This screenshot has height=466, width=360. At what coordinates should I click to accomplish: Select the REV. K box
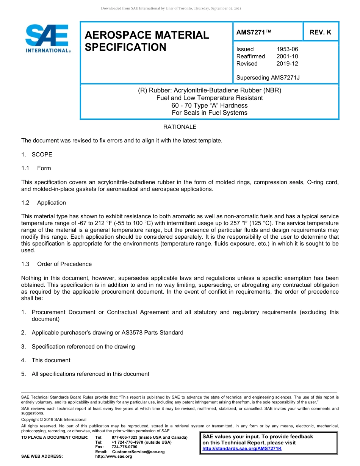tap(320, 32)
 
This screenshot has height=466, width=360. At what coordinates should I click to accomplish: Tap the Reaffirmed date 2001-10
tap(287, 56)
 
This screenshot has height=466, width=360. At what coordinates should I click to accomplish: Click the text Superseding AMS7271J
tap(268, 78)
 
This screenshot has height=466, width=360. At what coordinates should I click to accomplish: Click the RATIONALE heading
tap(180, 127)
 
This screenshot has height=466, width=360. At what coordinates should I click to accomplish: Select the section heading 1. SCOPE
tap(37, 155)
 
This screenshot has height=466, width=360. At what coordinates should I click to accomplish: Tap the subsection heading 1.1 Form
tap(36, 168)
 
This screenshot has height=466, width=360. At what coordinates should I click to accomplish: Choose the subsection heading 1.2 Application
tap(44, 203)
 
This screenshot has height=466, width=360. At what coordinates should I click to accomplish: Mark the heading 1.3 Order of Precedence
tap(56, 264)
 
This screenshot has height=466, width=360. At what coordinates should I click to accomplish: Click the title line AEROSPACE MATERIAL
tap(147, 35)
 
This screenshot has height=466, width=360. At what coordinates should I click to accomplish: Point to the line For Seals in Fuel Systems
tap(209, 113)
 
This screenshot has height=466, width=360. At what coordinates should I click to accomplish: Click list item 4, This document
tap(51, 360)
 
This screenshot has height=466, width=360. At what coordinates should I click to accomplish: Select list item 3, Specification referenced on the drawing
tap(83, 347)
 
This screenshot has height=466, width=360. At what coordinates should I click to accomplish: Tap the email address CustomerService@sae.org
tap(138, 452)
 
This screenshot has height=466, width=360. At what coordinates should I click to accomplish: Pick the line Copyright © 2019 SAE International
tap(54, 419)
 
